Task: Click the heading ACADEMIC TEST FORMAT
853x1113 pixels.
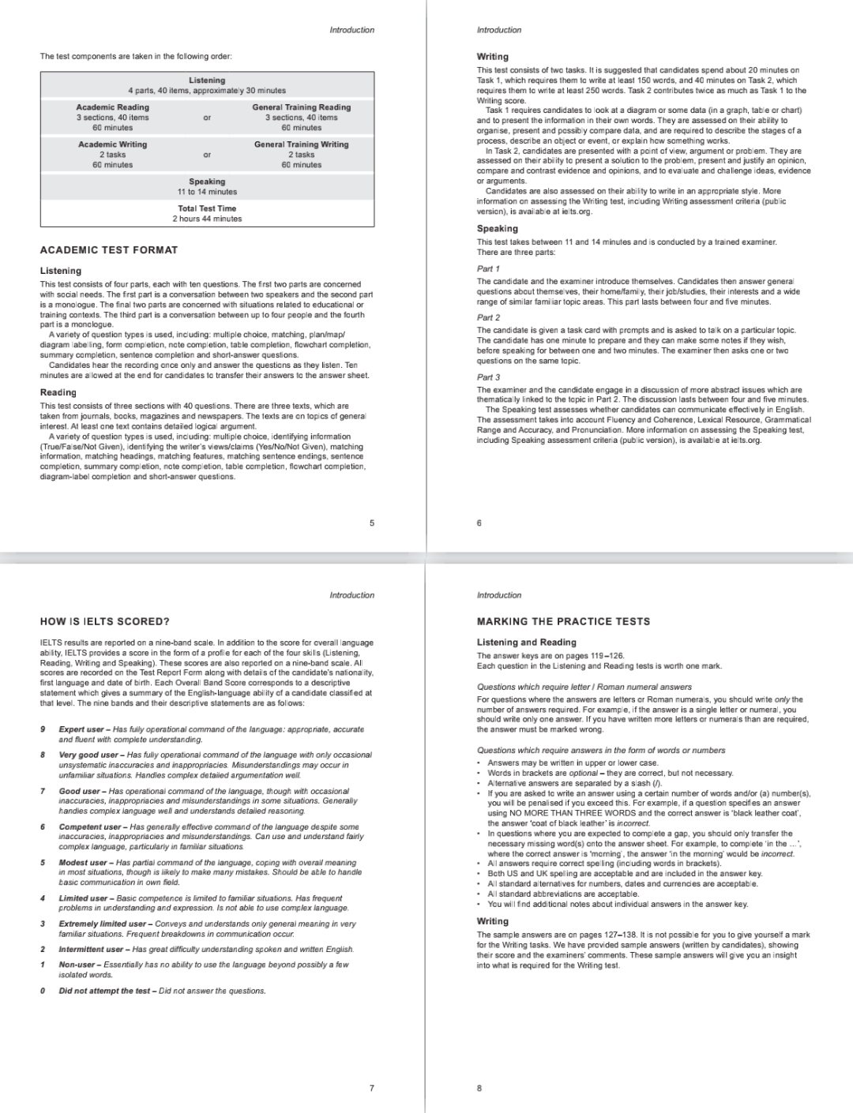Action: pyautogui.click(x=109, y=250)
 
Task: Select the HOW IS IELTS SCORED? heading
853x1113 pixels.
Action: pyautogui.click(x=105, y=621)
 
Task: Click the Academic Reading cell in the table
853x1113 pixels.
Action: pyautogui.click(x=112, y=107)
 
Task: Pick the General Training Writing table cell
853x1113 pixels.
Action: pyautogui.click(x=301, y=144)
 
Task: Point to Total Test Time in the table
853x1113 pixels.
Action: pyautogui.click(x=207, y=208)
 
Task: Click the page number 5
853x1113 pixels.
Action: pyautogui.click(x=372, y=523)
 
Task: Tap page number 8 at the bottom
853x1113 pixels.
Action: pyautogui.click(x=479, y=1088)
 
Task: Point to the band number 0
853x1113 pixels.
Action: pyautogui.click(x=43, y=991)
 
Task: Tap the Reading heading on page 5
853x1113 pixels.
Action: pyautogui.click(x=58, y=392)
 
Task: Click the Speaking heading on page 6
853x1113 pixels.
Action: pyautogui.click(x=498, y=229)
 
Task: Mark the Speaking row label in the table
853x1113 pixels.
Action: pyautogui.click(x=207, y=182)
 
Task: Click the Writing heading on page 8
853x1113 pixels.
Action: pyautogui.click(x=493, y=921)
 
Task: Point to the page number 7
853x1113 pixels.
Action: pyautogui.click(x=372, y=1088)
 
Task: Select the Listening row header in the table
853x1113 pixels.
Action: pyautogui.click(x=207, y=81)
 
